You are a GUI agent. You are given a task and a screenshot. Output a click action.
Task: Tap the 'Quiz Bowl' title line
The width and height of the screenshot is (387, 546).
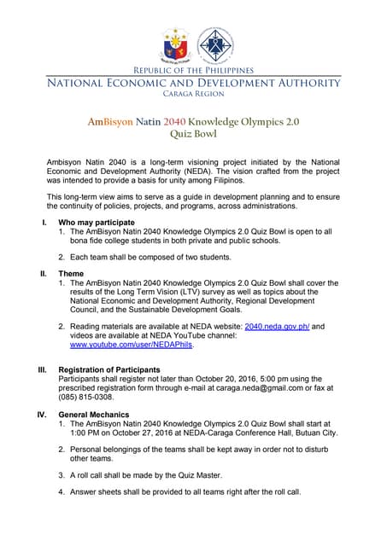coord(193,134)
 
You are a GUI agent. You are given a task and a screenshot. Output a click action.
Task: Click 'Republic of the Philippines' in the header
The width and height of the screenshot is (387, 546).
coord(193,70)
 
